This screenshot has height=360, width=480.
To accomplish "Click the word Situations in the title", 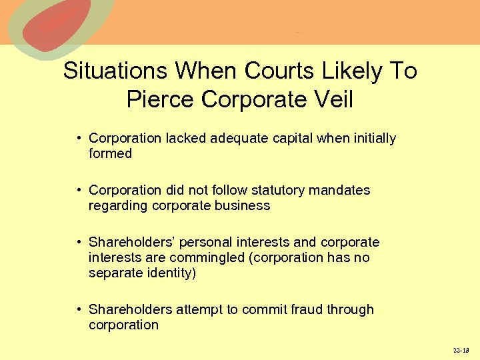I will [115, 71].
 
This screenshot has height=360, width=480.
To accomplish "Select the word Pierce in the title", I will [161, 99].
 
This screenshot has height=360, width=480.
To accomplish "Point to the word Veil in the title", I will [331, 99].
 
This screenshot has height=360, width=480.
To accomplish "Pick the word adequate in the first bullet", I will [235, 139].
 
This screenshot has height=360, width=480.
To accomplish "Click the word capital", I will [288, 139].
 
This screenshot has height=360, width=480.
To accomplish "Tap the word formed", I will [110, 154].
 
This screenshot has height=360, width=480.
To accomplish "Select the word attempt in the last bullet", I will [198, 309].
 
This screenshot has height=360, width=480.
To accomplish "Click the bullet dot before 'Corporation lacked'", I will [79, 139].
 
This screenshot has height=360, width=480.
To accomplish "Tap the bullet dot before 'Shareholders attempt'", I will [79, 309].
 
